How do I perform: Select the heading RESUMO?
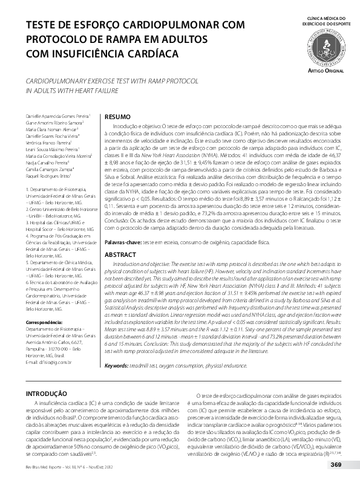pos(117,116)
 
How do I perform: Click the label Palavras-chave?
pos(123,241)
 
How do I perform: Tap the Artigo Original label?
pos(326,71)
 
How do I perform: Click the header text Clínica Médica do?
pos(327,19)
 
